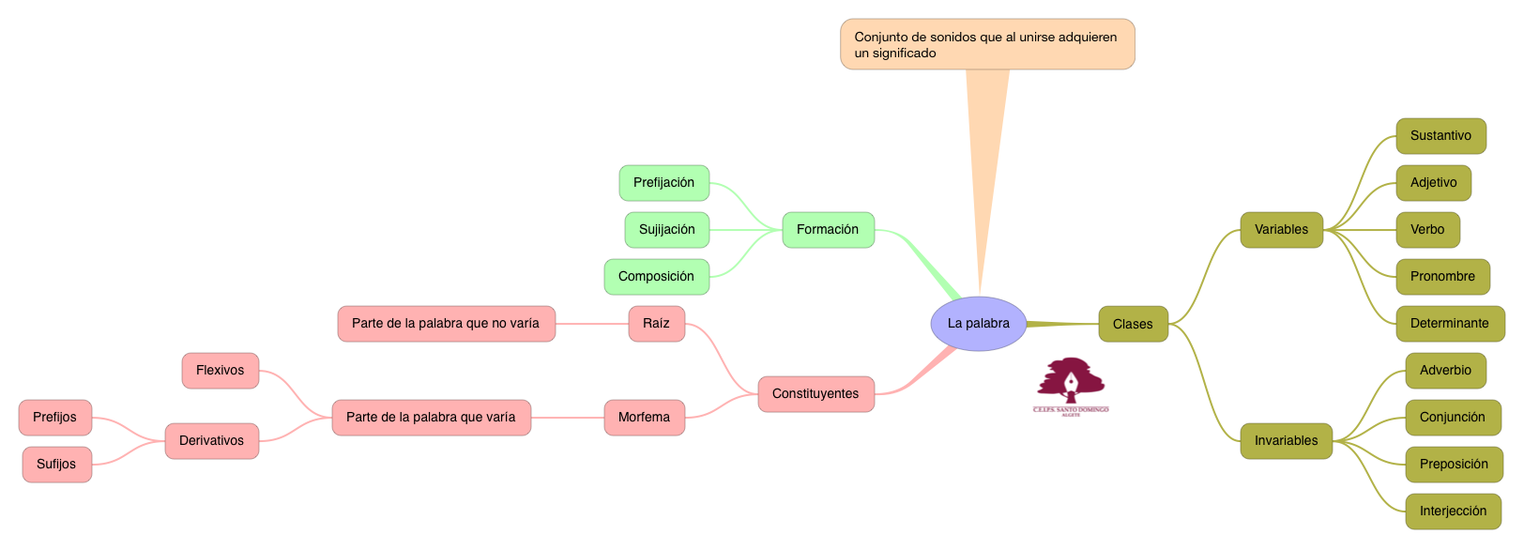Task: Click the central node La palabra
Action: click(x=978, y=324)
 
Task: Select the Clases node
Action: click(x=1133, y=324)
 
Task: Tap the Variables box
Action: click(x=1281, y=230)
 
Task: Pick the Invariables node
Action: click(x=1286, y=441)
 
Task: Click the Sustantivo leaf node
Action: click(x=1440, y=136)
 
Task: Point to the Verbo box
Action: click(x=1427, y=230)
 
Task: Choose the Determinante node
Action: click(x=1449, y=324)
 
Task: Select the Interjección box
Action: click(x=1453, y=512)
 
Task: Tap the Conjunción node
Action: click(x=1452, y=418)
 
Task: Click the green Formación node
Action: click(x=828, y=230)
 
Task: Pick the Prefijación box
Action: click(x=663, y=183)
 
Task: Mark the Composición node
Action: click(x=656, y=277)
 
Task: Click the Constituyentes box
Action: click(x=815, y=394)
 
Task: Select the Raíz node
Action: click(x=656, y=324)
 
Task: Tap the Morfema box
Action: click(x=644, y=418)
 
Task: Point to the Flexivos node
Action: click(x=220, y=371)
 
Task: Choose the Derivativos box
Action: click(x=211, y=441)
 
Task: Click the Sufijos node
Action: click(x=56, y=465)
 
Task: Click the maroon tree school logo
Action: click(x=1071, y=385)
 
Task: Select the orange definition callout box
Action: click(x=986, y=44)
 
